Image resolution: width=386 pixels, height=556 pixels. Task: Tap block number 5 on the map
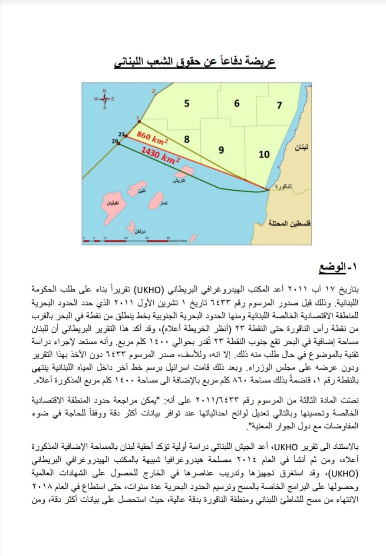click(186, 103)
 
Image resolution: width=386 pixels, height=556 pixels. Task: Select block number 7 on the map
click(279, 105)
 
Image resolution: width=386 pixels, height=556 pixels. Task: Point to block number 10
click(264, 154)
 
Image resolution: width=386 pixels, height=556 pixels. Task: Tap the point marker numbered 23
click(126, 136)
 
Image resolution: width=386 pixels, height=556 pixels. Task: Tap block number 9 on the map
click(221, 150)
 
